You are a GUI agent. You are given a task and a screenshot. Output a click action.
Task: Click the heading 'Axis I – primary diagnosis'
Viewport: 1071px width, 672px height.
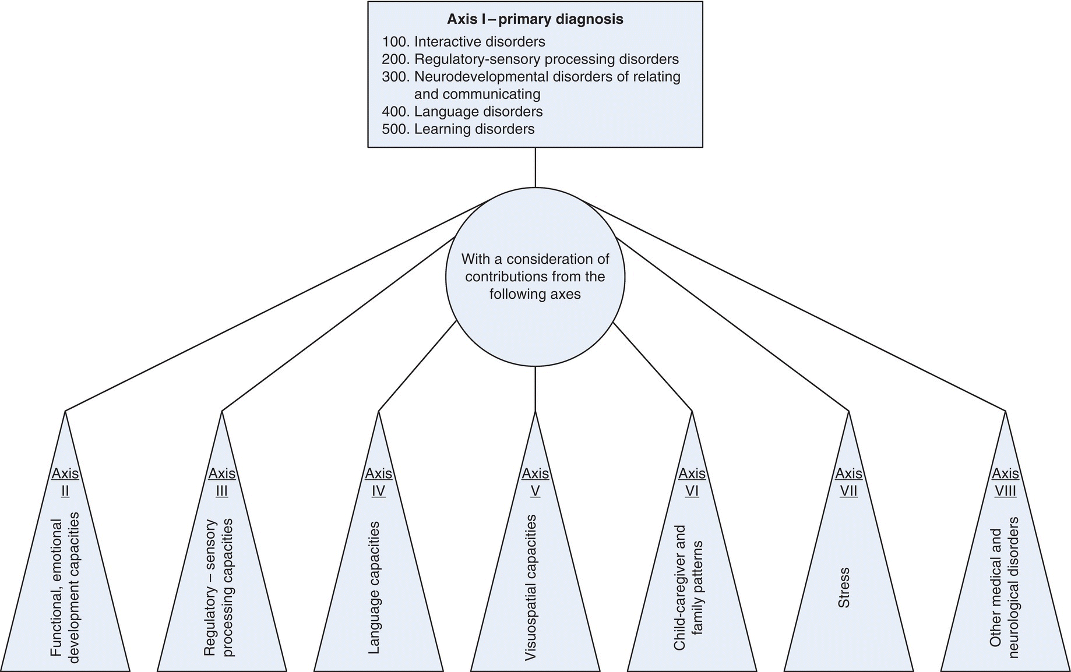point(535,19)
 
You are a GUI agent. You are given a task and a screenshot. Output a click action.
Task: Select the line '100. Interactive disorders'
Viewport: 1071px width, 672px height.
point(463,42)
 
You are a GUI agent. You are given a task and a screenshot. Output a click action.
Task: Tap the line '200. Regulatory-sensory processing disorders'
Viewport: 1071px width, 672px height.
point(530,59)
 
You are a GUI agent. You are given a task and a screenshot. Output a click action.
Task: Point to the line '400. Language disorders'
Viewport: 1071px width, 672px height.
point(462,111)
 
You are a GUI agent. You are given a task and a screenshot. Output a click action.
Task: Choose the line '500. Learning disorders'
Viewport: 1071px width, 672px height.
point(458,129)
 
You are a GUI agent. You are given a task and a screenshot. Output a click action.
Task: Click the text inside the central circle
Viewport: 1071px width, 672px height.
point(535,277)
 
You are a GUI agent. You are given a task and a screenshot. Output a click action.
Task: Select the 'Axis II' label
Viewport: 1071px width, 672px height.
point(65,482)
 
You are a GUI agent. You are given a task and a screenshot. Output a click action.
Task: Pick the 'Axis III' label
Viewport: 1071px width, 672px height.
point(222,482)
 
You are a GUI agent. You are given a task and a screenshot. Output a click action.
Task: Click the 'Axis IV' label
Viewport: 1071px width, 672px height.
point(379,482)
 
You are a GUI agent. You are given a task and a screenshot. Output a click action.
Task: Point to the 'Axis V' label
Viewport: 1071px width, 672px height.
point(535,482)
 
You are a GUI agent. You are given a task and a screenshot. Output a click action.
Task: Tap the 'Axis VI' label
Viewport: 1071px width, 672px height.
point(692,482)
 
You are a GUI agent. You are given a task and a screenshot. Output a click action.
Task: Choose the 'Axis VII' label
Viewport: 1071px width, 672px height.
point(848,482)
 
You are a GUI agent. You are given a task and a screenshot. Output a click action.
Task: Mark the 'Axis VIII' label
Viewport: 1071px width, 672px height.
point(1005,482)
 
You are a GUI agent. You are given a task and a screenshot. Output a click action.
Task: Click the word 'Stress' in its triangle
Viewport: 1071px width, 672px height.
point(844,588)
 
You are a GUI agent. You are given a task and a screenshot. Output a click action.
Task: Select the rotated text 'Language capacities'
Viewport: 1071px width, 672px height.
point(375,588)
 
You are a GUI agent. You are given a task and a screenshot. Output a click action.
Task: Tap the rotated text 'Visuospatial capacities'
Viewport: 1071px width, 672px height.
point(530,588)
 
